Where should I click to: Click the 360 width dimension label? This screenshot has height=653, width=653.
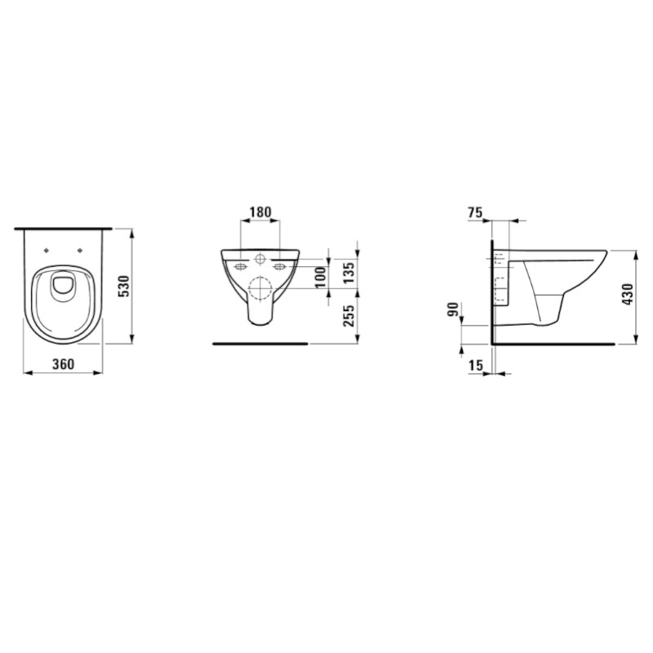64,364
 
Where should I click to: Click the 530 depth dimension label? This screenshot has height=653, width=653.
125,287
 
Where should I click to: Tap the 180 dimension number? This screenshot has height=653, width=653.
260,212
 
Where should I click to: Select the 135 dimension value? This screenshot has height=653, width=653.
349,273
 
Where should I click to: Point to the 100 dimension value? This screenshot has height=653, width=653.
320,278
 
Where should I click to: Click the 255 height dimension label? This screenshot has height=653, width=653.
349,316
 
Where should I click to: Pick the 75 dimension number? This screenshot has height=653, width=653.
475,212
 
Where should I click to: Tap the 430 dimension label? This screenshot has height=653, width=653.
627,294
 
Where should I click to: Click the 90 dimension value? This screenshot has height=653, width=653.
453,309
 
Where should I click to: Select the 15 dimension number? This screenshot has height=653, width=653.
476,365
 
